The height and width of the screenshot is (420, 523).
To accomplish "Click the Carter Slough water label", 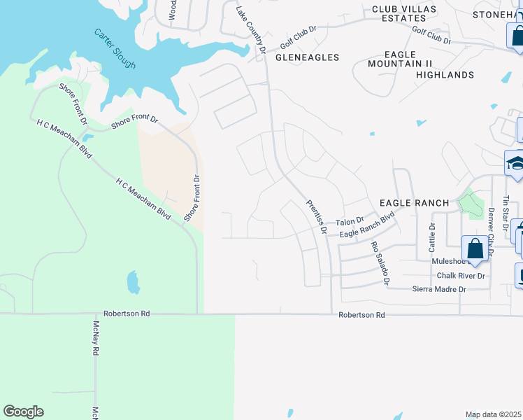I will click(116, 49).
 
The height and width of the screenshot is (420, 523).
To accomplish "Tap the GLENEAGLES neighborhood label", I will click(307, 57).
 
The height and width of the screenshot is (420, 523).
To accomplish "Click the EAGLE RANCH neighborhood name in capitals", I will click(413, 202).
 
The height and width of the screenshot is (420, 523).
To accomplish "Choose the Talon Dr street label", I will click(350, 221).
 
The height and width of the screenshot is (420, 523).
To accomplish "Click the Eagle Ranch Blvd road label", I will click(367, 229).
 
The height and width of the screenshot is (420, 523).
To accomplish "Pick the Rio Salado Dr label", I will click(380, 263).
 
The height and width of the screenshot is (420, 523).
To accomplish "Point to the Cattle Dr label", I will click(431, 237).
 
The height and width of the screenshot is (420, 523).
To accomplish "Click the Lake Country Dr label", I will click(250, 30).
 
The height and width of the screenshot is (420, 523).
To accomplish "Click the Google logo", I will click(23, 412).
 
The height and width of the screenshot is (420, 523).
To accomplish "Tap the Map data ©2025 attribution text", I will click(494, 414).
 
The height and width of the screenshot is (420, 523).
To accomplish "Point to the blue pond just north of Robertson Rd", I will click(133, 282).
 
